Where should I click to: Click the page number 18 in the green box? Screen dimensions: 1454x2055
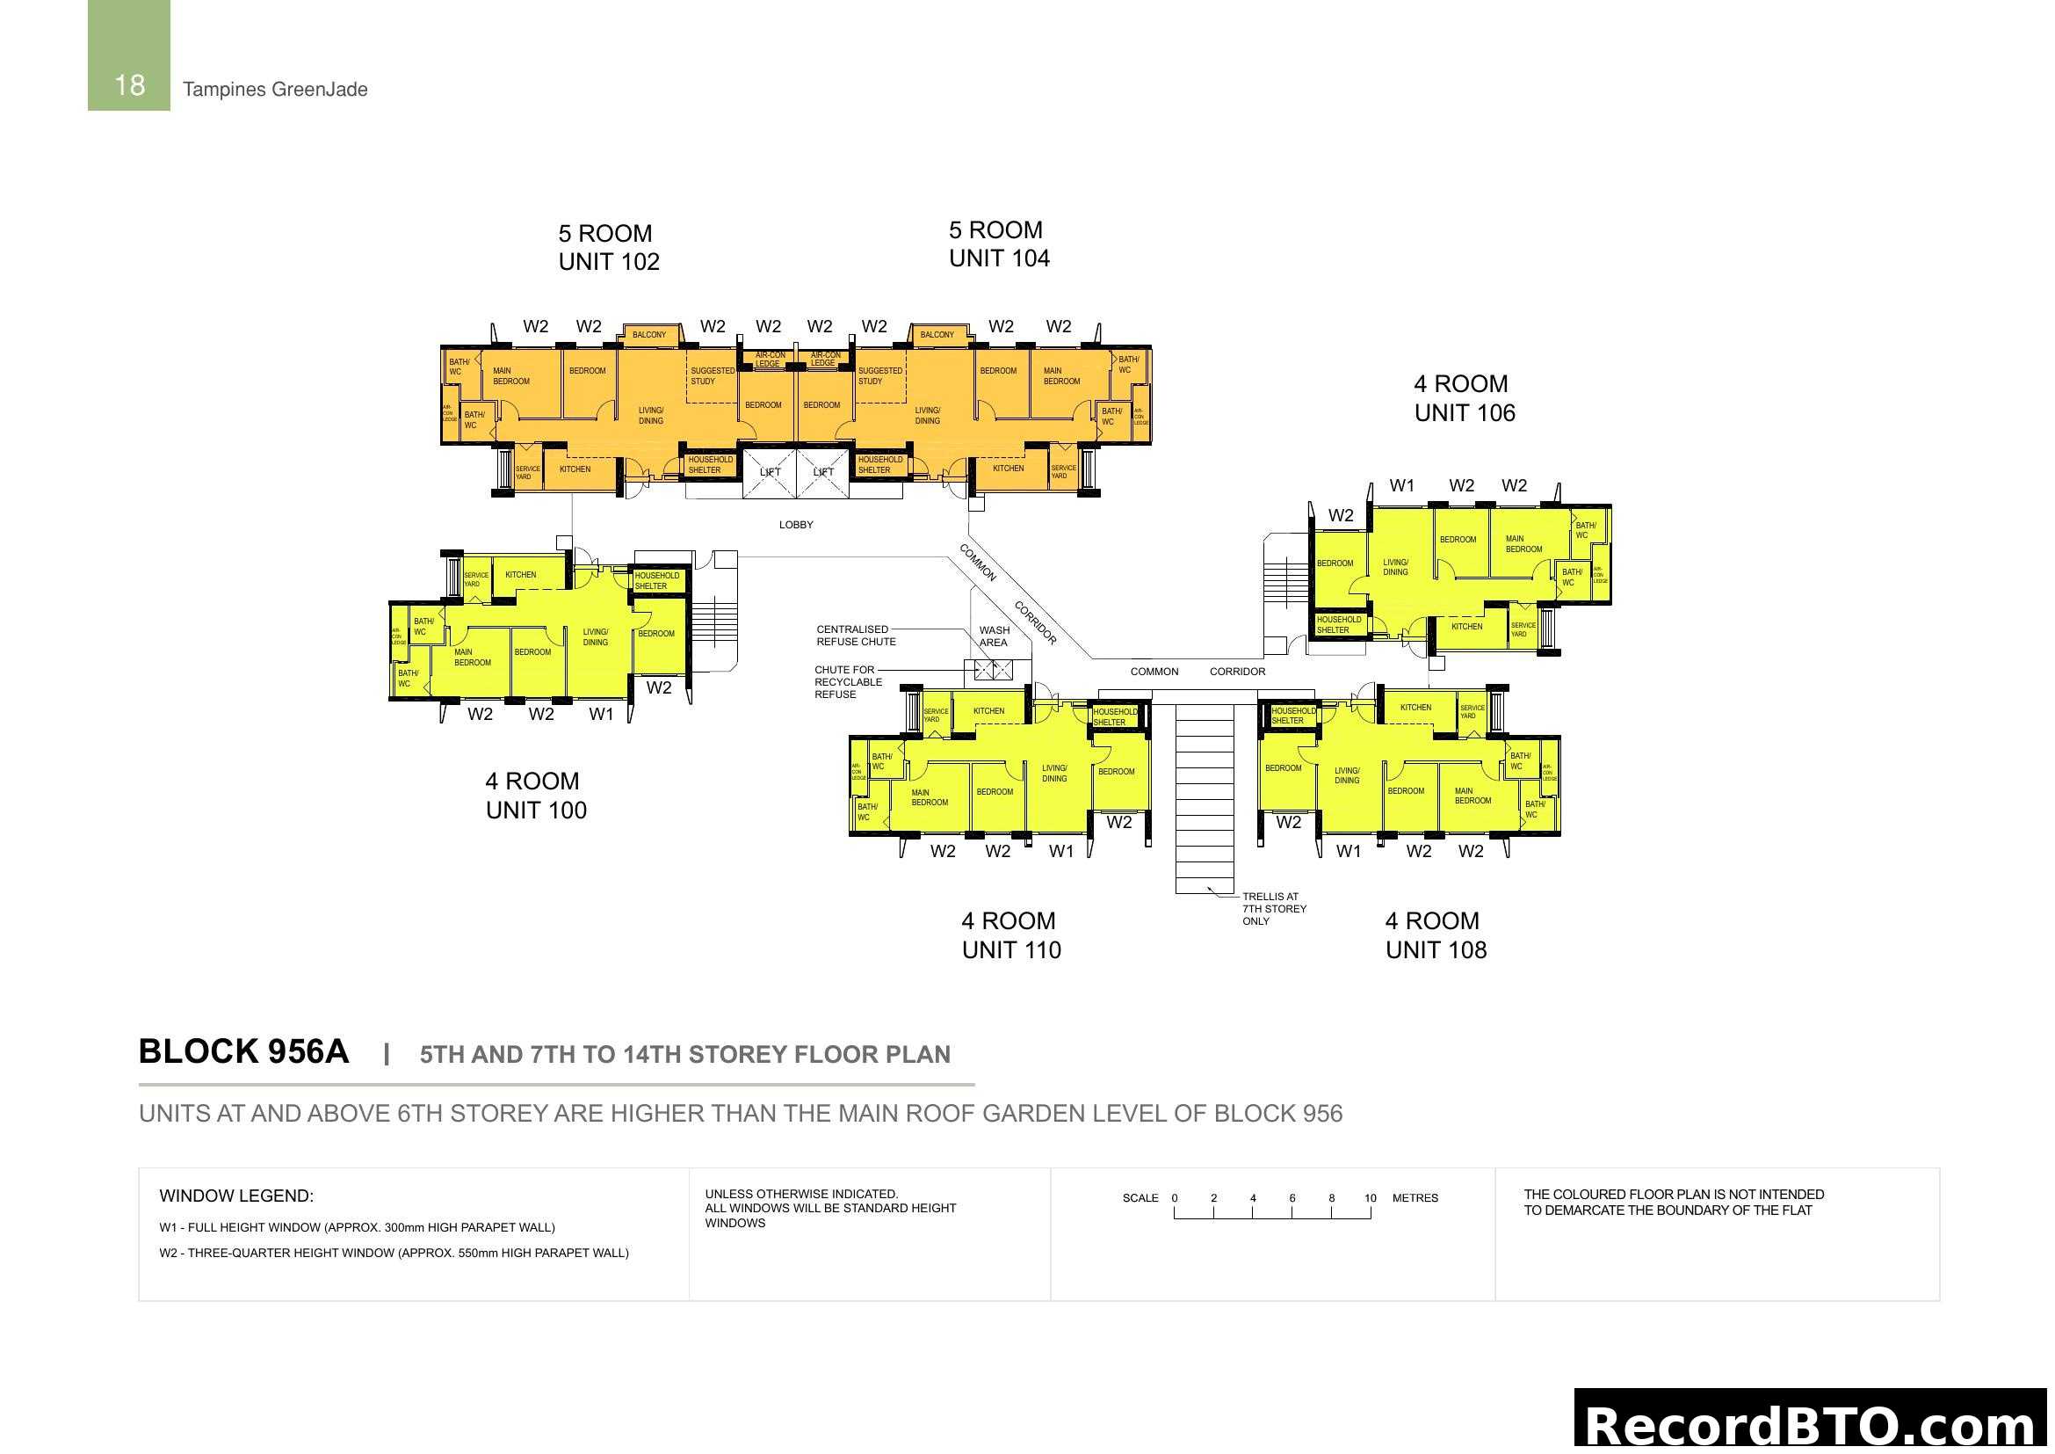130,85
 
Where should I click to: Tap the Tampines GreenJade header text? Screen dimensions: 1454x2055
275,90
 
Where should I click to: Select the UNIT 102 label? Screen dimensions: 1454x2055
609,261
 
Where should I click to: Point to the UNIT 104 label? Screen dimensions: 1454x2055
999,258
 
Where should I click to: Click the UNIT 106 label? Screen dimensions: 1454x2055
1465,413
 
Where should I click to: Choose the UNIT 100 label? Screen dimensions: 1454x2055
536,811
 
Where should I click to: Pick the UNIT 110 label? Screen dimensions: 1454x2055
1011,950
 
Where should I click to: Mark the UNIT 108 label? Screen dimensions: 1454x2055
1436,950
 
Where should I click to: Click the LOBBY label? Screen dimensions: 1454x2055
796,525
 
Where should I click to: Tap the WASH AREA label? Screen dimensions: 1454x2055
994,636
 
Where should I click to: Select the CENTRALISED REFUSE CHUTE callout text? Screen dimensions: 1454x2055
855,636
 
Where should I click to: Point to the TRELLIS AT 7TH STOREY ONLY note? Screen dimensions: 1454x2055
1274,909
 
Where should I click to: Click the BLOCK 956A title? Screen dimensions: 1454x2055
243,1052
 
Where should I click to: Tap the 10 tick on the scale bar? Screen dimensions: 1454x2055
1370,1198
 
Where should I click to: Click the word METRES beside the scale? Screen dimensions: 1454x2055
1415,1198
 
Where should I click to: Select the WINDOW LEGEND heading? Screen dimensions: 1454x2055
236,1196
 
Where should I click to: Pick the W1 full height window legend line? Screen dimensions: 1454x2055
356,1227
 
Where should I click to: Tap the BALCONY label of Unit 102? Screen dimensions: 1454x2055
649,335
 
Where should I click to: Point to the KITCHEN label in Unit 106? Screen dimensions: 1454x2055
1466,627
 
